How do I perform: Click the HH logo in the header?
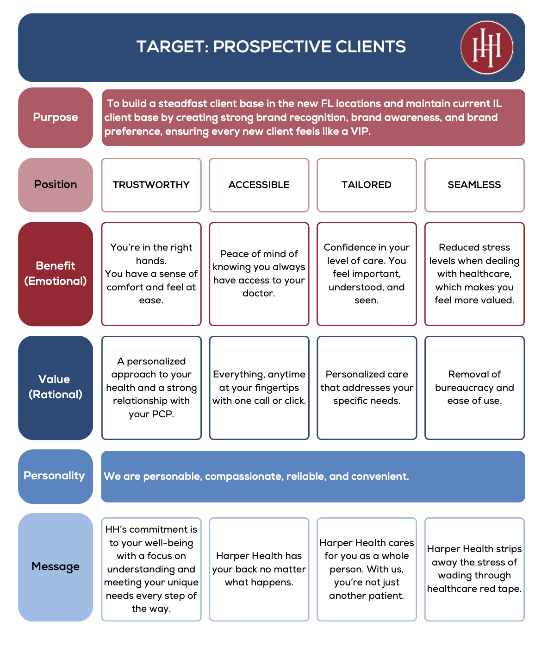(x=486, y=47)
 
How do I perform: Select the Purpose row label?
(x=56, y=118)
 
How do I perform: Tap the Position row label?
(x=56, y=185)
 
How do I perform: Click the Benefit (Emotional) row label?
(x=56, y=274)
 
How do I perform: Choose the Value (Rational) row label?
(x=56, y=387)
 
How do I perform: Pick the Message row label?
(x=56, y=567)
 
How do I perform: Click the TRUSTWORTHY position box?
(x=151, y=185)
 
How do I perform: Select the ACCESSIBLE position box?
(x=259, y=185)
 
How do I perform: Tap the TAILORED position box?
(x=367, y=185)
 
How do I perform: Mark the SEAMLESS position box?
(x=474, y=185)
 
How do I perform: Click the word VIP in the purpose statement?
(x=360, y=132)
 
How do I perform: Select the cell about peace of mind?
(x=259, y=274)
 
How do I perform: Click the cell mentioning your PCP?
(x=151, y=388)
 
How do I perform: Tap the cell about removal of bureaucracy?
(x=474, y=388)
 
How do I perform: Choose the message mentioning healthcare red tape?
(x=474, y=569)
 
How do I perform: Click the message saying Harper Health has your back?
(x=259, y=569)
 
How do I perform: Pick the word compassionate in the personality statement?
(x=244, y=477)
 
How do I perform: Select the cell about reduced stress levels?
(x=474, y=274)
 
